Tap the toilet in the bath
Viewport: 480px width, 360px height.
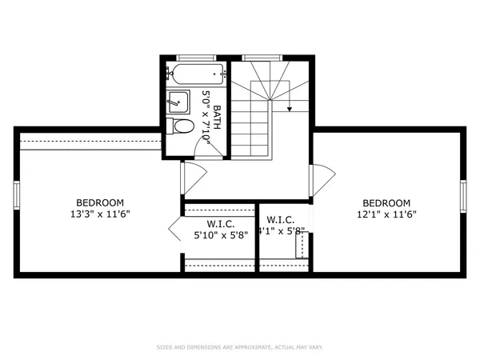[x=182, y=126]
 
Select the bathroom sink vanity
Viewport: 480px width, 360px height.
[x=178, y=102]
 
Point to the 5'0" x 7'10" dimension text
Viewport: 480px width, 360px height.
[x=206, y=117]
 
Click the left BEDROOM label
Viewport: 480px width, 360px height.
[x=100, y=202]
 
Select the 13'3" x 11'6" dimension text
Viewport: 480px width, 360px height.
[x=100, y=214]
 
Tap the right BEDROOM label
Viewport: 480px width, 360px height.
[x=386, y=202]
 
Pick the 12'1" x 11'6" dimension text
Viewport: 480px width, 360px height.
[x=386, y=214]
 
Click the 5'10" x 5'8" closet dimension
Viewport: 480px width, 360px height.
[x=221, y=235]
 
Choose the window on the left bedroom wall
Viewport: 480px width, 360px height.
[x=16, y=195]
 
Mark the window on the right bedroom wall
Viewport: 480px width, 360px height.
[x=463, y=195]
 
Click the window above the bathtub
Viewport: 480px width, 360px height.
[x=196, y=58]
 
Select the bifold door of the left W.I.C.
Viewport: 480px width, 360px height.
[x=175, y=231]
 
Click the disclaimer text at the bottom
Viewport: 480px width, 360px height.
[x=240, y=347]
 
